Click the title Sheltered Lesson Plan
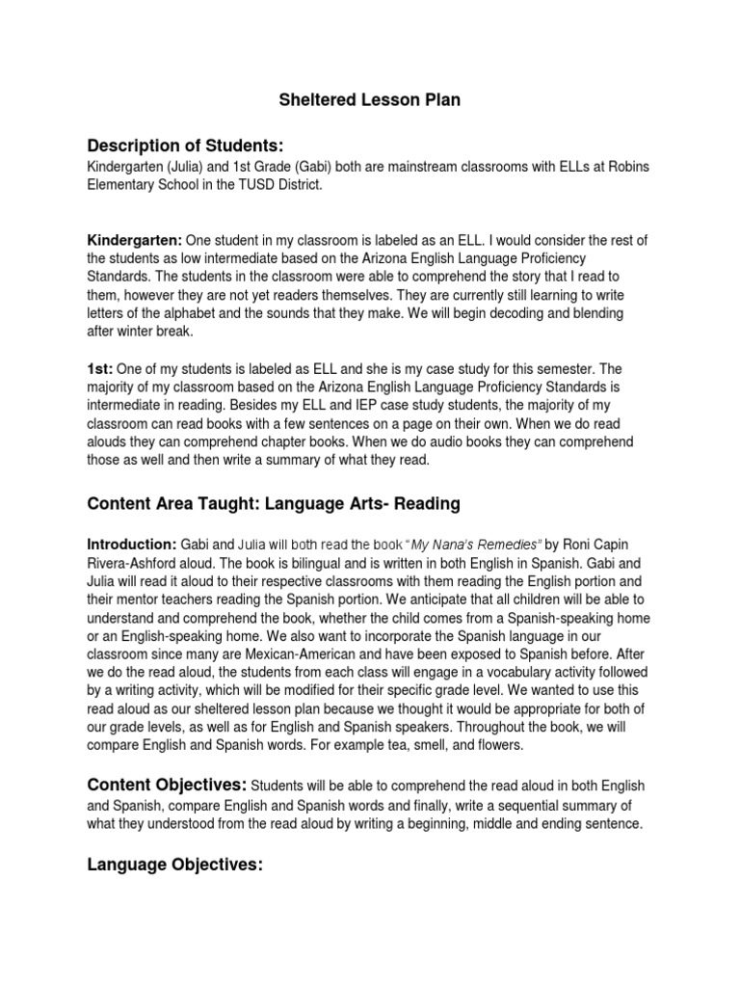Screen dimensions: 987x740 369,100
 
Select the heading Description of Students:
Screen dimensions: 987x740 185,146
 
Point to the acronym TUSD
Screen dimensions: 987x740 275,184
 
